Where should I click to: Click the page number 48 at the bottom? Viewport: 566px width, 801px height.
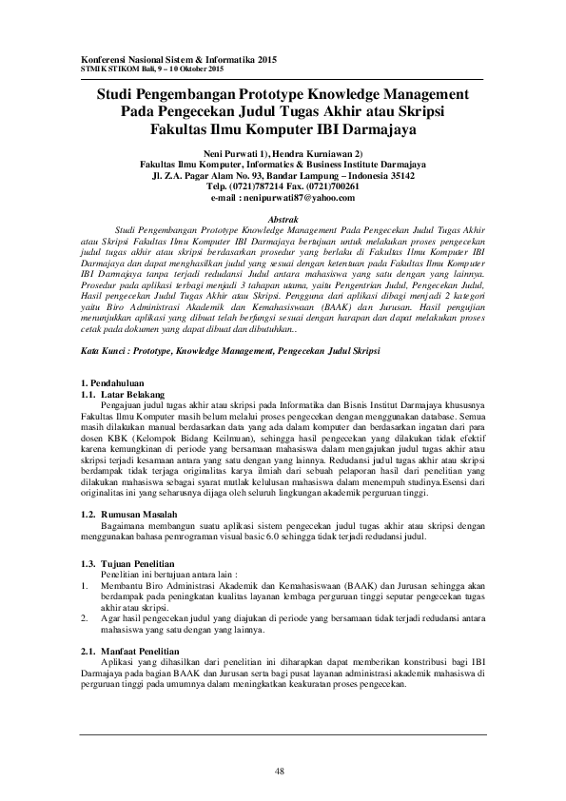coord(280,771)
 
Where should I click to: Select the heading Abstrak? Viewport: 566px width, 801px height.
coord(283,219)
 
